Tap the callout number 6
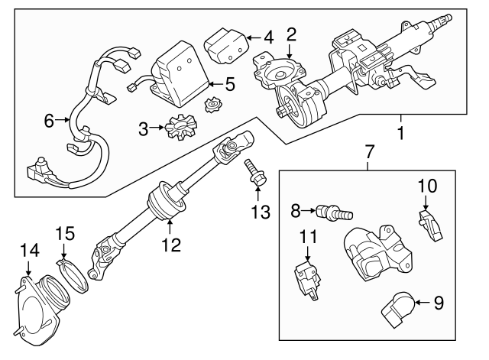click(49, 120)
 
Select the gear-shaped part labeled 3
click(172, 125)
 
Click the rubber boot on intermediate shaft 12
click(168, 201)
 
